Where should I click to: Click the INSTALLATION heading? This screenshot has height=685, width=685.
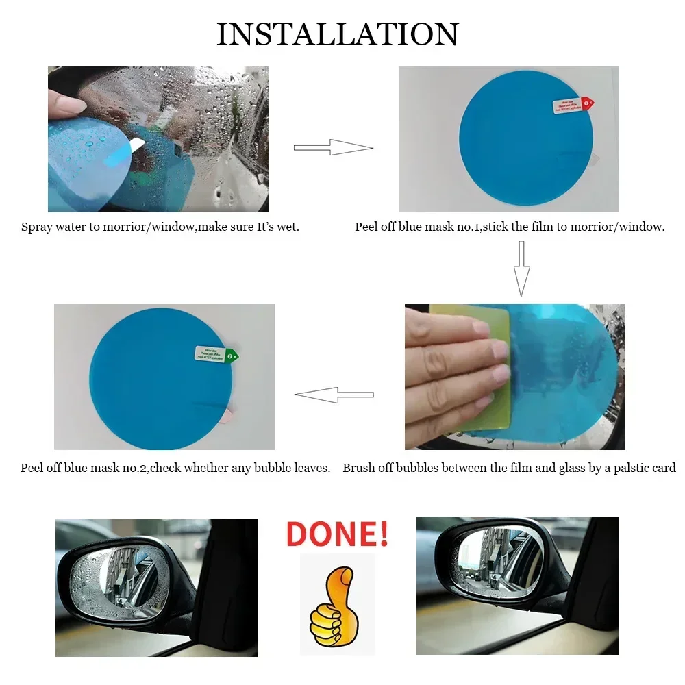(337, 34)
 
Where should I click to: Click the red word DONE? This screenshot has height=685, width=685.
(337, 534)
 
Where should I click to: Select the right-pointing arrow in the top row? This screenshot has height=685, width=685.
(333, 147)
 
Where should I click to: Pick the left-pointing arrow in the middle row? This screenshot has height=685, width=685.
(334, 395)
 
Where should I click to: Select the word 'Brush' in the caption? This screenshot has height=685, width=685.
(358, 469)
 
